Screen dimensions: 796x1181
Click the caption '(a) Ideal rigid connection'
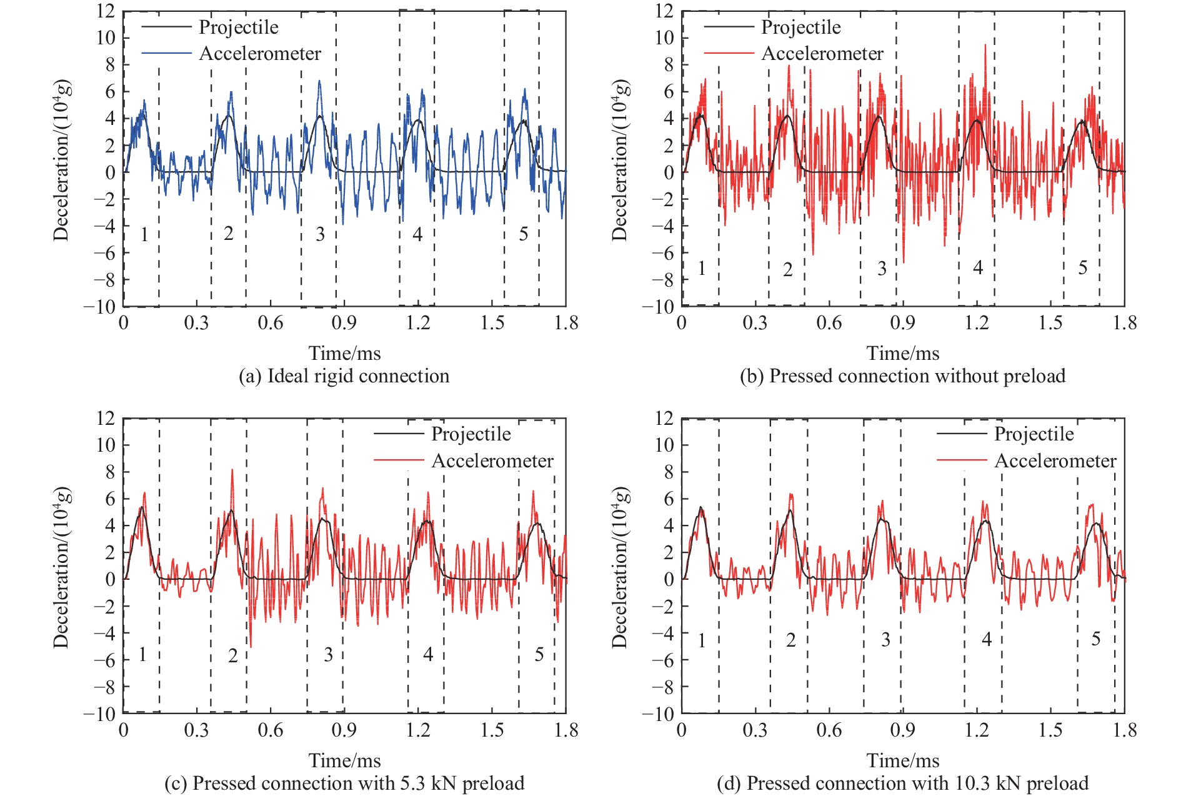click(x=344, y=376)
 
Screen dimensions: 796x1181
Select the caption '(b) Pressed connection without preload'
click(x=902, y=376)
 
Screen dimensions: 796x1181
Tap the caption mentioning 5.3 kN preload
click(x=344, y=783)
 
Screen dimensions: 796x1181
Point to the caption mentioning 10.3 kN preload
click(x=902, y=783)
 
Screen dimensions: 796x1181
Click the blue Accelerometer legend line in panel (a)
click(x=166, y=54)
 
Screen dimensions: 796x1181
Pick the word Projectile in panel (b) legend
click(x=800, y=27)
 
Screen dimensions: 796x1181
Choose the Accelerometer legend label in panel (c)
click(x=492, y=461)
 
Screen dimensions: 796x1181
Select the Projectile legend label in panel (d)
click(x=1034, y=434)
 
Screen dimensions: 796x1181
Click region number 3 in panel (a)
click(x=320, y=234)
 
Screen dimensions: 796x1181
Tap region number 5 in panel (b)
click(x=1083, y=268)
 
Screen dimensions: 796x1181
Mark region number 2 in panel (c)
click(x=232, y=655)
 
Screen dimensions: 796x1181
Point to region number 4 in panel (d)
click(x=986, y=639)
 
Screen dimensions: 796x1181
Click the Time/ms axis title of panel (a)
click(x=344, y=354)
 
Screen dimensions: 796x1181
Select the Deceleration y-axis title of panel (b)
click(x=620, y=160)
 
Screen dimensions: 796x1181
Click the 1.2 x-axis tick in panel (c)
click(x=418, y=730)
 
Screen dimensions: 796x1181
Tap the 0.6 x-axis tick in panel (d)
click(x=829, y=730)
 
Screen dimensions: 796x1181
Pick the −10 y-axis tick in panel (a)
click(x=100, y=306)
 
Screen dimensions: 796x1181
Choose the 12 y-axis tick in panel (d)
click(x=664, y=418)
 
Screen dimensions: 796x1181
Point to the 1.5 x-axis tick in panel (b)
click(x=1050, y=323)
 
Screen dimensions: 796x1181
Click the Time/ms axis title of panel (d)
click(x=902, y=760)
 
